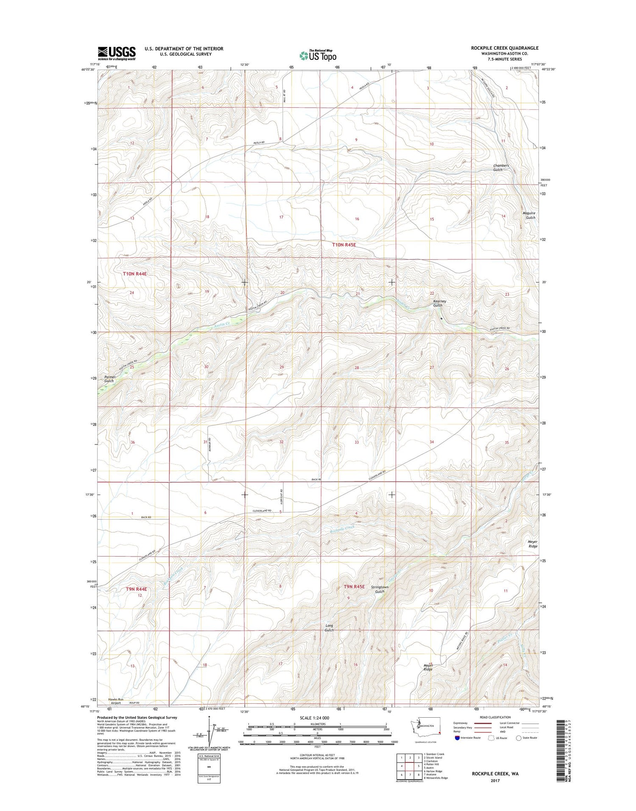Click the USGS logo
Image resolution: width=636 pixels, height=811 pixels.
117,53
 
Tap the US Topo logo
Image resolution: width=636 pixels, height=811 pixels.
318,55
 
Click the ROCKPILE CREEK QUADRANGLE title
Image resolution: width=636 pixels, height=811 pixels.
505,48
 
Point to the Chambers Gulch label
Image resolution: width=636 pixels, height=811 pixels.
501,168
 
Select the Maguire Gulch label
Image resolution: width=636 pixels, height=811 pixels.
529,215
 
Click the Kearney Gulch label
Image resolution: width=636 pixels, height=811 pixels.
439,303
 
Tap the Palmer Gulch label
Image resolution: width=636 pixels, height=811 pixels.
109,379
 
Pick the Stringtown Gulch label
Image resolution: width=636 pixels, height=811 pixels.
379,589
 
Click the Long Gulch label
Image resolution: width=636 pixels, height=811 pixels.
329,628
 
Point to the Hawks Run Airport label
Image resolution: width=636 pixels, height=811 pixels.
116,701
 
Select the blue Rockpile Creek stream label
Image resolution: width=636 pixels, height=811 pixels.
342,529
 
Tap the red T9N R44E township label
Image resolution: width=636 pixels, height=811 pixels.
137,589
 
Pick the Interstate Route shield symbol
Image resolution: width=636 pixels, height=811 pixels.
457,738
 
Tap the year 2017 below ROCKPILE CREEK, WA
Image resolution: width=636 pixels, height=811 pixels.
495,780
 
